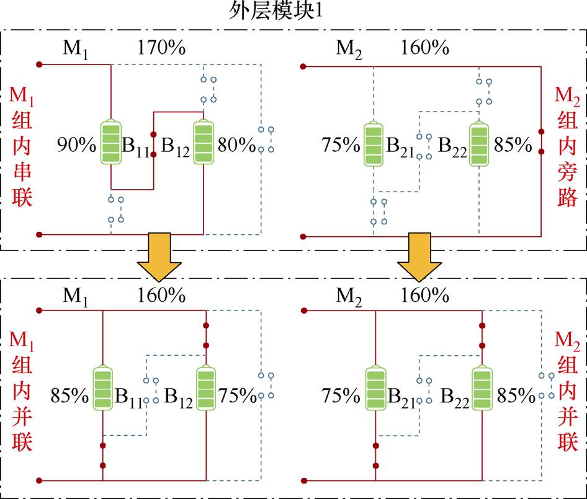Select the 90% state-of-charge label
point(76,146)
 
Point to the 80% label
point(236,146)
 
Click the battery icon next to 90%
point(111,143)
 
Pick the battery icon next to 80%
point(204,143)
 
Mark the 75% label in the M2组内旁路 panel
point(341,146)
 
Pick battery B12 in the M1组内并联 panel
point(205,389)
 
